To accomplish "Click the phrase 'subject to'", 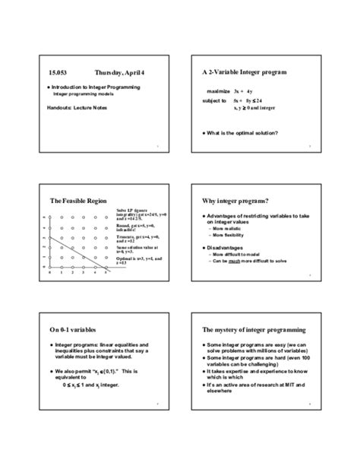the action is [x=214, y=100].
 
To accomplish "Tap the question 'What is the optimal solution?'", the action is [x=244, y=133].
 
